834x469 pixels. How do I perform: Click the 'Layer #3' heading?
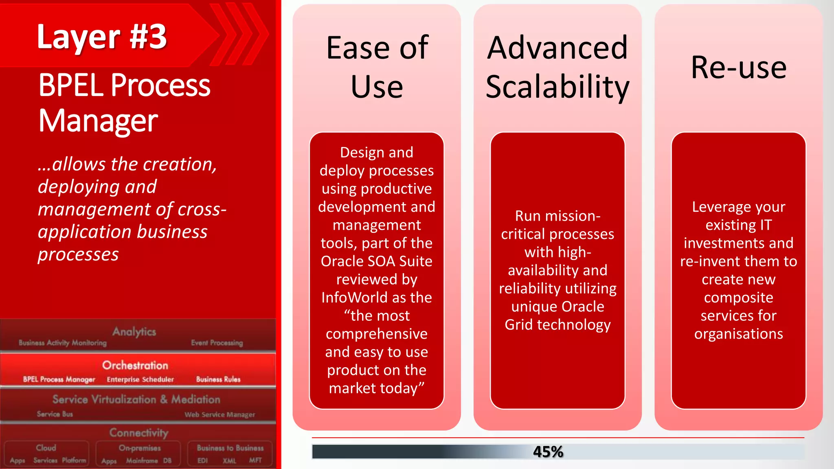(x=102, y=37)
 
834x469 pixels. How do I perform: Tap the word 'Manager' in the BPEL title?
(x=98, y=121)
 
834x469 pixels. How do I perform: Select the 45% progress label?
(x=548, y=452)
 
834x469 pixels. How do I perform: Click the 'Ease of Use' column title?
(x=377, y=67)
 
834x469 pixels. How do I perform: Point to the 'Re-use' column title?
(x=738, y=67)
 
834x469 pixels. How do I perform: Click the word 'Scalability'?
(x=557, y=87)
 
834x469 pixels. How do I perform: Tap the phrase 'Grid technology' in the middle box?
(x=557, y=325)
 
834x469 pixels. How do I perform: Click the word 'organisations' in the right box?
(x=738, y=334)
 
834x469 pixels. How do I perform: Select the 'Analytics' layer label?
(x=134, y=331)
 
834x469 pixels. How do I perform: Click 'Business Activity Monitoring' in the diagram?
(x=63, y=343)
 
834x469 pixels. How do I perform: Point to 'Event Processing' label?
(x=217, y=343)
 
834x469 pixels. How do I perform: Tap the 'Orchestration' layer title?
(x=135, y=365)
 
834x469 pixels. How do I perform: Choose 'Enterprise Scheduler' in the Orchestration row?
(x=140, y=379)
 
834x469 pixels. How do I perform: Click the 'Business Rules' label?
(x=218, y=379)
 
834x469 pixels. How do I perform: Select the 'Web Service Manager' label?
(x=220, y=414)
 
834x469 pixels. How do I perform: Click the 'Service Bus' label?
(x=55, y=414)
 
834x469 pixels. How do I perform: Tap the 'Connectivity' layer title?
(x=139, y=432)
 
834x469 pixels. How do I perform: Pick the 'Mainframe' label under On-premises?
(x=142, y=461)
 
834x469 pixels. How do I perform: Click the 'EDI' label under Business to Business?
(x=202, y=461)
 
